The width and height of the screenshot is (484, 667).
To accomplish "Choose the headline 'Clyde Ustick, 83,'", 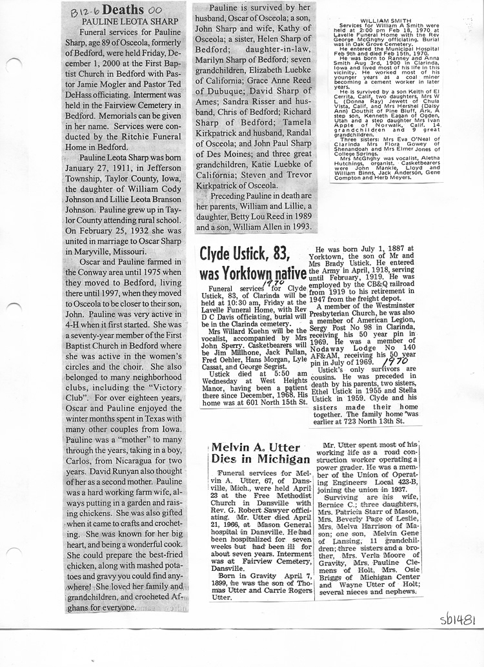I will (x=243, y=253).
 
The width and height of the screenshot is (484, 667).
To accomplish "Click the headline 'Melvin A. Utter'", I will (x=247, y=447).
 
